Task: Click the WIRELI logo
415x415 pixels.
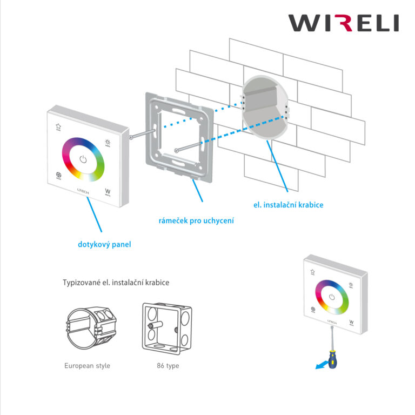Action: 343,23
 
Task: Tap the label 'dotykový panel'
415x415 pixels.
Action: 104,244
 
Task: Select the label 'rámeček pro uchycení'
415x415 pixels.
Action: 196,220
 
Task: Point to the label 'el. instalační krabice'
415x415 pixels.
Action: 288,205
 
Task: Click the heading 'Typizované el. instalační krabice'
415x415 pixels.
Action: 119,283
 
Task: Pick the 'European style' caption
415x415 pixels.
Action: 87,366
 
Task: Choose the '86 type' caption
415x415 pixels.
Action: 168,366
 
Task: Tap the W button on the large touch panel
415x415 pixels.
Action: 107,191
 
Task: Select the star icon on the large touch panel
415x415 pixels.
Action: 58,127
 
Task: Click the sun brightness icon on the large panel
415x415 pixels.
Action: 107,143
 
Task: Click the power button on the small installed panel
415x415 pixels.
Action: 332,297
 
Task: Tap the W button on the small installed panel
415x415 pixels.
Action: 351,323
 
